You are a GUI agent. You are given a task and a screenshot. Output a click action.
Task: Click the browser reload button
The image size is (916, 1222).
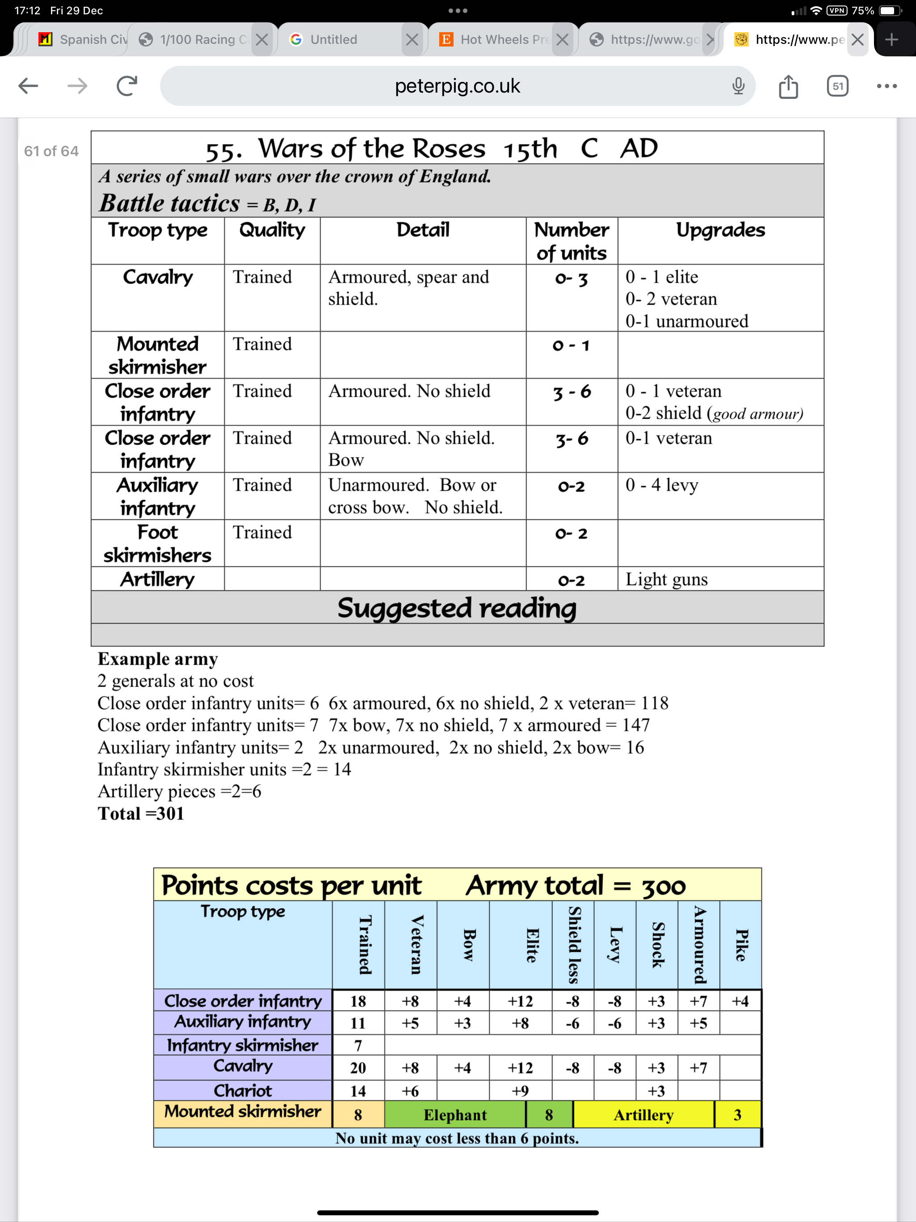click(127, 85)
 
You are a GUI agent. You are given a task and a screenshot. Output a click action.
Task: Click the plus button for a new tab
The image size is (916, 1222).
click(891, 39)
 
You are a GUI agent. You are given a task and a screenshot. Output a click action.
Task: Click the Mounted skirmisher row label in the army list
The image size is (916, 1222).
click(157, 355)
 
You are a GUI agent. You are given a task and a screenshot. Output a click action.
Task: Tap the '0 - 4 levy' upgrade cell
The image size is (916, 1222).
click(662, 485)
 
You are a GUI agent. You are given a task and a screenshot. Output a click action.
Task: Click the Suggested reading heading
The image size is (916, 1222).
click(457, 608)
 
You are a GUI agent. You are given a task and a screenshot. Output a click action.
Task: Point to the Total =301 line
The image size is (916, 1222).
click(141, 813)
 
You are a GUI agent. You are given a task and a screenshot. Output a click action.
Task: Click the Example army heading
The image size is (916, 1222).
click(157, 658)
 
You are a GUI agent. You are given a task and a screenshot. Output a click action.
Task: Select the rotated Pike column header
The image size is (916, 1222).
click(740, 945)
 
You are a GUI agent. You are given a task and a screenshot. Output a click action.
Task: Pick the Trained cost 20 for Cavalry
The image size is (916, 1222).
click(358, 1068)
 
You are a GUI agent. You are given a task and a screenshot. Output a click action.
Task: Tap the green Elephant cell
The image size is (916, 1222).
click(455, 1115)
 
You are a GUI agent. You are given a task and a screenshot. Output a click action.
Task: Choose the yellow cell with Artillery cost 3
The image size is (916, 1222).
click(737, 1115)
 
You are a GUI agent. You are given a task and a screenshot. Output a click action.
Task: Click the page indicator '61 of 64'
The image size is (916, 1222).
click(51, 151)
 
